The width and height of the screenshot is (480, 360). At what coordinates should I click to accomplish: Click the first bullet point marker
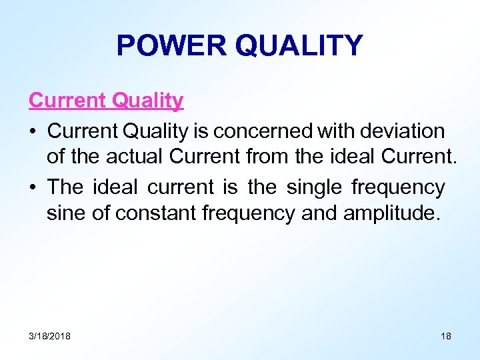[x=33, y=130]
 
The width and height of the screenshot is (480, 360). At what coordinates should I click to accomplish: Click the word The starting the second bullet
[x=65, y=188]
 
